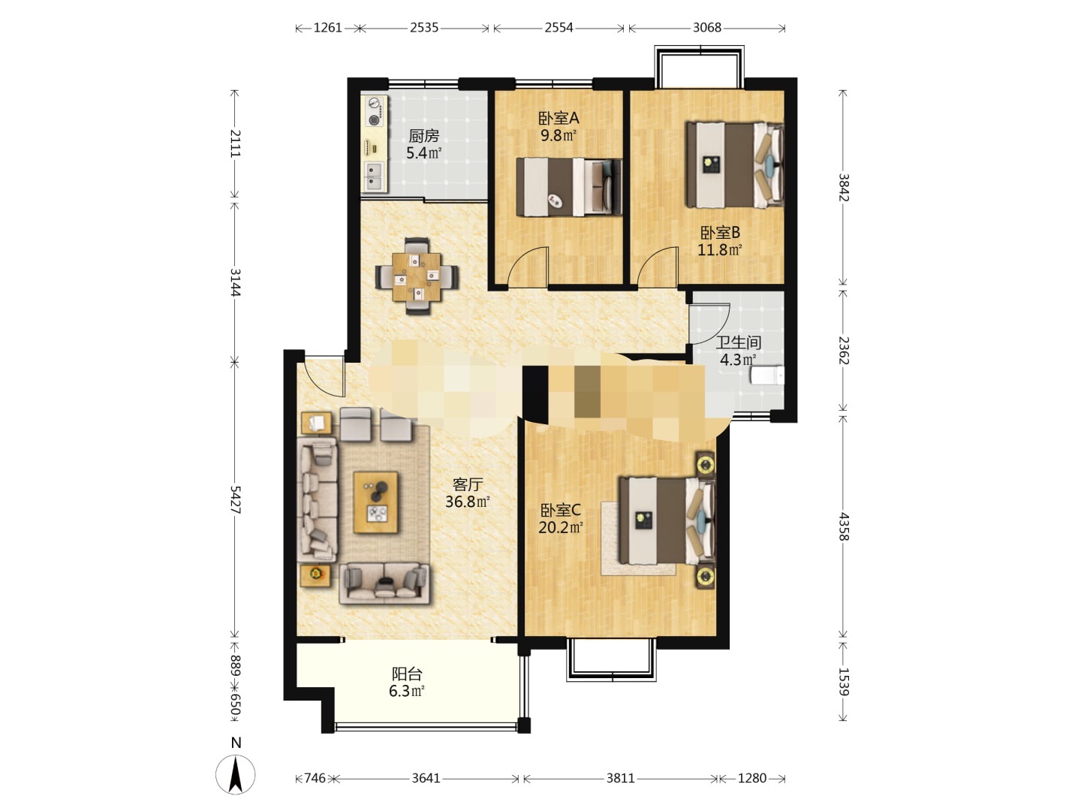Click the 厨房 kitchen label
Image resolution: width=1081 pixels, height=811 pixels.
423,135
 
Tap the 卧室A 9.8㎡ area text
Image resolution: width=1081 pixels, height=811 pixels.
559,135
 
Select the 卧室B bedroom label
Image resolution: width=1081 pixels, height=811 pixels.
719,233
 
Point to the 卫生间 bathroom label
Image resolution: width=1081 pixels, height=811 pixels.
738,342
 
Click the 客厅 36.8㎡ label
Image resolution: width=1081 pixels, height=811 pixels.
468,493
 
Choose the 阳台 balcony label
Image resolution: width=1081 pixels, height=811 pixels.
407,673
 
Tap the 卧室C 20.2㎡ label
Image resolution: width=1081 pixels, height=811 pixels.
561,518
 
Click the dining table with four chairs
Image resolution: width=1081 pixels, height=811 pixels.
417,276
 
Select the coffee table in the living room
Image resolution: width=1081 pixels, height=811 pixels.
376,502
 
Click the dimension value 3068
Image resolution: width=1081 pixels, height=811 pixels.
706,28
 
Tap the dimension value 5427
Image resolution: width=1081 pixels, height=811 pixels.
236,499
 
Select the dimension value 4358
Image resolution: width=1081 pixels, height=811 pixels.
844,526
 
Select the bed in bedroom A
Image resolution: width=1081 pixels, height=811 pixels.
569,187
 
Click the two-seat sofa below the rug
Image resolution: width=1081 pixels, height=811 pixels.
384,583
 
